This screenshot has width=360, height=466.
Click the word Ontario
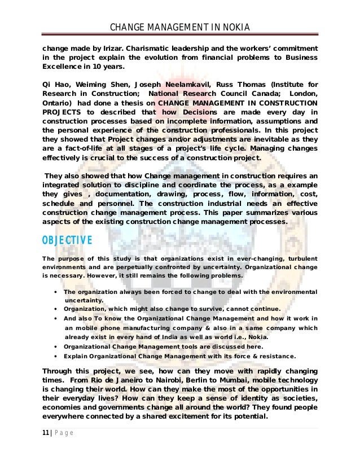point(58,104)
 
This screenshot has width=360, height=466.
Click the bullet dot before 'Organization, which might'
point(53,309)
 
